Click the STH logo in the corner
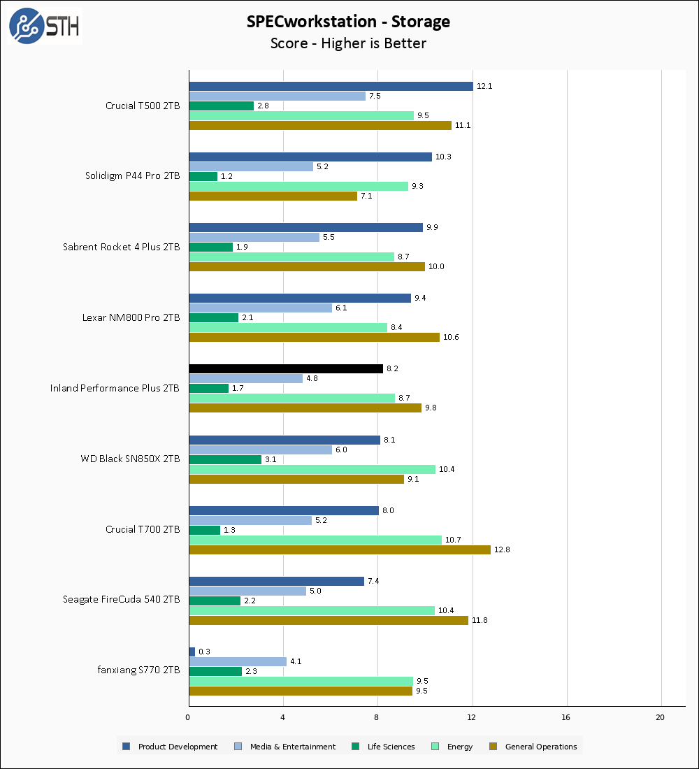pos(44,26)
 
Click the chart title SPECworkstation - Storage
pos(348,22)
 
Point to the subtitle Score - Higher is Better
pos(348,43)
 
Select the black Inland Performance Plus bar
pos(286,368)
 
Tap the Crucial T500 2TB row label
pos(143,106)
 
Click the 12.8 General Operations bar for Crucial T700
pos(340,549)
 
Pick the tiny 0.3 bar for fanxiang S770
pos(192,652)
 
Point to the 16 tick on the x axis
pos(566,717)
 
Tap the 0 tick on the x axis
pos(188,717)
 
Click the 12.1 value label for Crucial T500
pos(484,86)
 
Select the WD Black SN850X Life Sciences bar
pos(225,459)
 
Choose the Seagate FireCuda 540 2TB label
pos(121,600)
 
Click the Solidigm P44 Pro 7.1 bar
pos(273,196)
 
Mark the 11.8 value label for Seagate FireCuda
pos(480,620)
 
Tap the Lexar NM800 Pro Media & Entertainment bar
pos(260,308)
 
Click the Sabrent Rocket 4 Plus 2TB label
pos(121,247)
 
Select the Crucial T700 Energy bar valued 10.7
pos(315,540)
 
